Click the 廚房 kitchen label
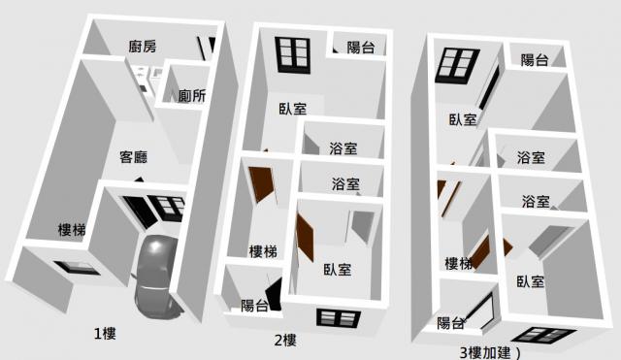143,47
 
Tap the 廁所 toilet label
192,95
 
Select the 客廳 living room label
134,157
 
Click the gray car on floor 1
157,277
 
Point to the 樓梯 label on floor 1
72,229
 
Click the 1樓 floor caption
105,334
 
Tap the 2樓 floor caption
285,341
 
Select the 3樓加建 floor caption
490,352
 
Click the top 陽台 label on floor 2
361,48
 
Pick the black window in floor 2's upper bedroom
293,55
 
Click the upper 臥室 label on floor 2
293,109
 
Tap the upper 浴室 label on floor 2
343,148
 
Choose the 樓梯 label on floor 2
263,251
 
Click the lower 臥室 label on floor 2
338,270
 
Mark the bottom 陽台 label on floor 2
254,306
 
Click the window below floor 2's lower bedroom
339,318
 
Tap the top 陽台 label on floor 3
535,60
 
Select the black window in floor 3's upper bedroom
457,66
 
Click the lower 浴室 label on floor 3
536,201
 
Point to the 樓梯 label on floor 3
459,263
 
